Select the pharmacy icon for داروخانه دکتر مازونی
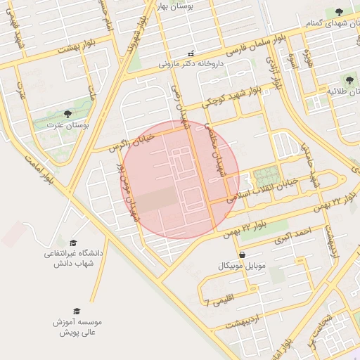(x=191, y=53)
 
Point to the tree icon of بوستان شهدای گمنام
(x=340, y=11)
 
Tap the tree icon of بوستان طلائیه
(x=349, y=80)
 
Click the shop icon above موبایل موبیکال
(x=243, y=255)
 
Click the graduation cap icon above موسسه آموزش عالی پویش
(x=76, y=310)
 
